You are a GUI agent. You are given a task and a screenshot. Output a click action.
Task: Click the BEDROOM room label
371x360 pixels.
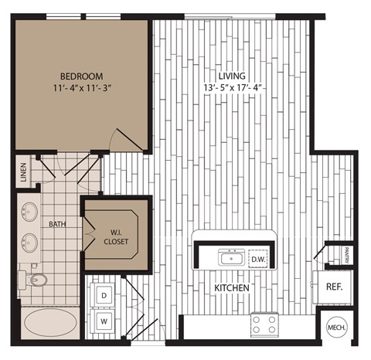(83, 76)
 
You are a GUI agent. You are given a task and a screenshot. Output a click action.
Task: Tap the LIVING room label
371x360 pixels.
(231, 76)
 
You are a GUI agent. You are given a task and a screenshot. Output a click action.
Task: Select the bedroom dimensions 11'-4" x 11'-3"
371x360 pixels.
(83, 88)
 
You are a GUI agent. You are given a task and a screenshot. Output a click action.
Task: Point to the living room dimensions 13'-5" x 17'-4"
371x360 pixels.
(231, 88)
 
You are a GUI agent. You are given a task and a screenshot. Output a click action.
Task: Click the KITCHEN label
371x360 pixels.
(231, 287)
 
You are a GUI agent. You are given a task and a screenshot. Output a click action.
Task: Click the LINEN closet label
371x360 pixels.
(24, 172)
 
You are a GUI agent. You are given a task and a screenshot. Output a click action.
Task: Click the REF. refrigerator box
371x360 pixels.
(335, 286)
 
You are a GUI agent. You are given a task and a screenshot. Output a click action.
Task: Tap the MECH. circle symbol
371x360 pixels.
(337, 328)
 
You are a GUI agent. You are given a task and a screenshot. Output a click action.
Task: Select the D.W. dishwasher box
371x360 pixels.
(257, 259)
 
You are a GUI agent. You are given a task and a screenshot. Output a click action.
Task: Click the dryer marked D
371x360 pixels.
(103, 294)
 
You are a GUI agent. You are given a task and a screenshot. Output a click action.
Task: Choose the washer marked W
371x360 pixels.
(103, 318)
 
